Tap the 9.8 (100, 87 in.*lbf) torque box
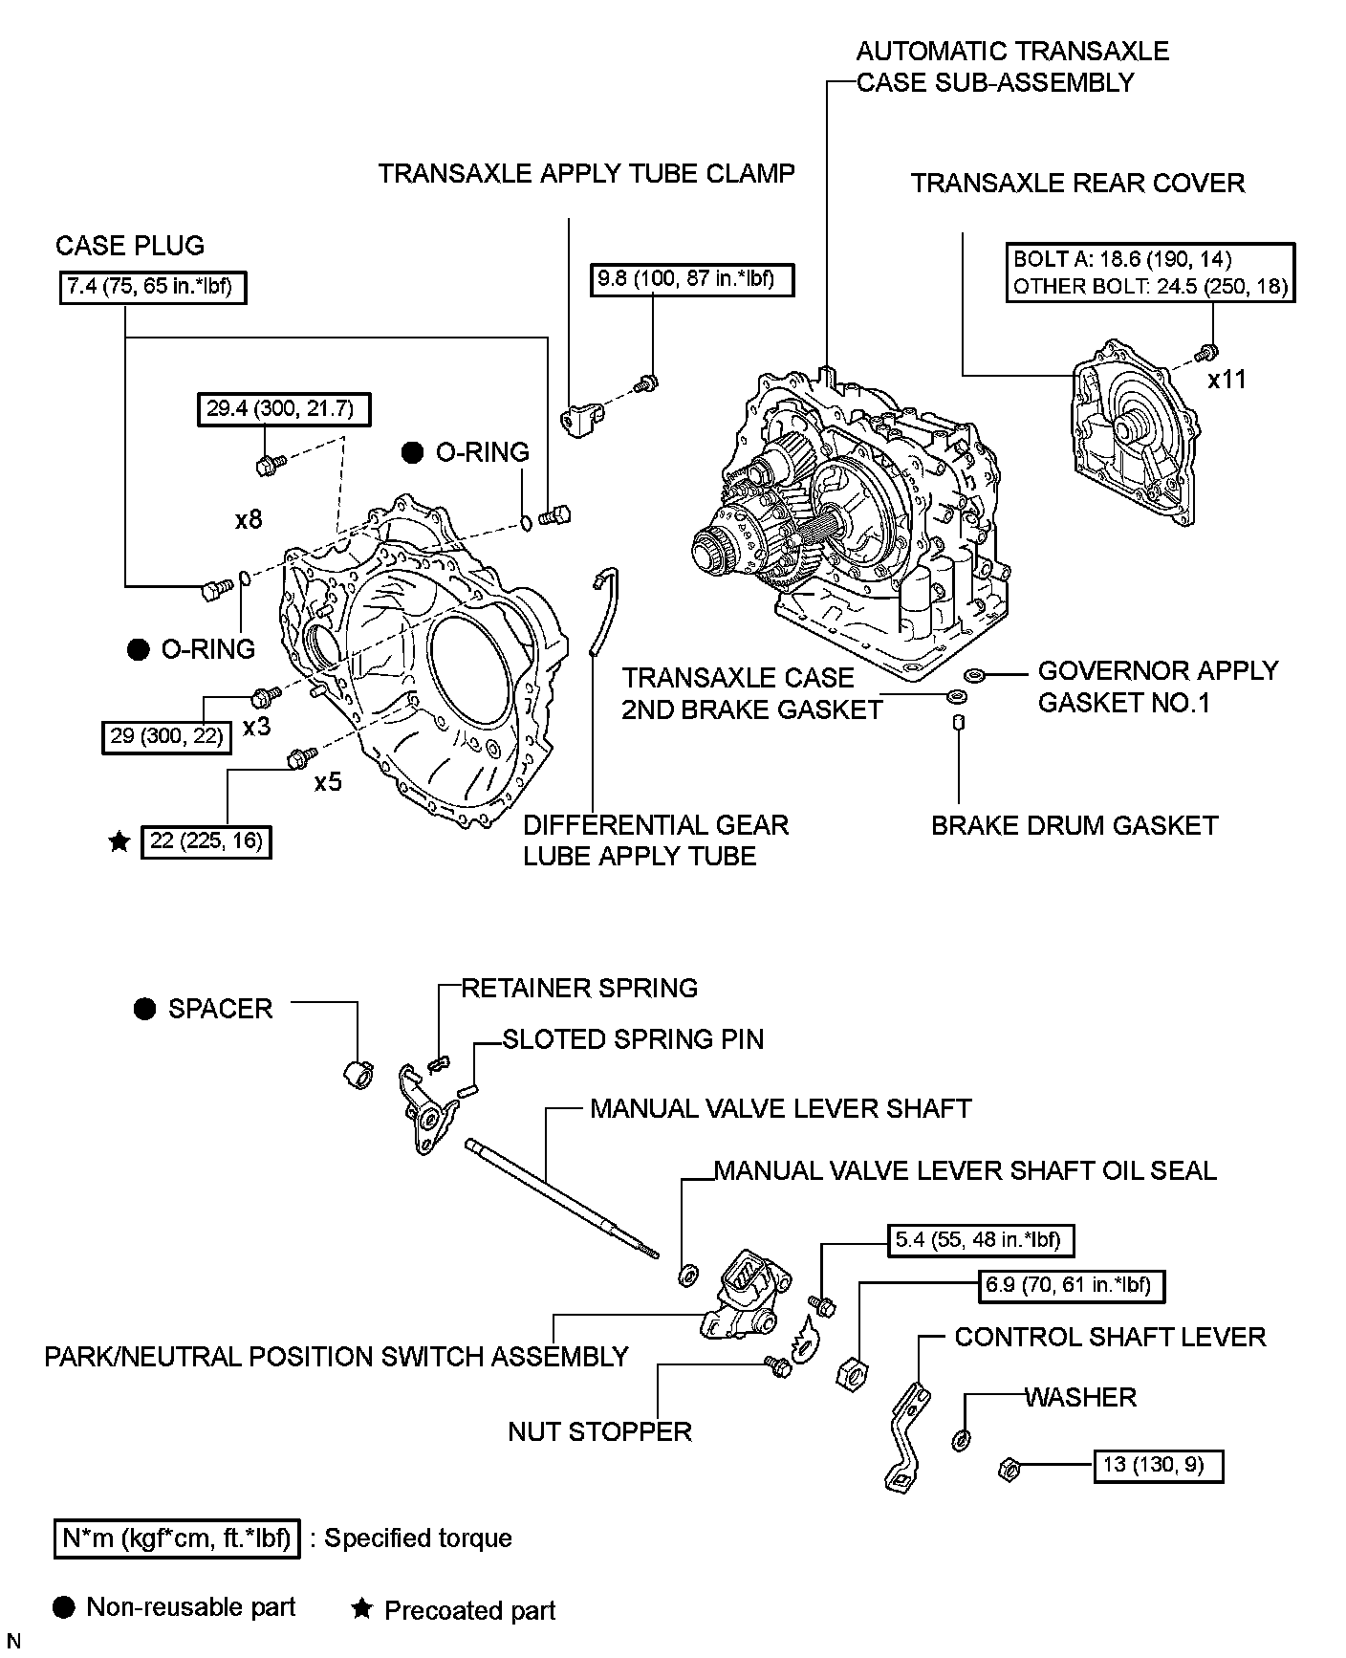pos(692,279)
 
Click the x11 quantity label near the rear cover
pos(1227,380)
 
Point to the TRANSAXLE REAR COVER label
pos(1077,184)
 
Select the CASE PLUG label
pos(130,246)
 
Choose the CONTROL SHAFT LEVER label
pos(1110,1337)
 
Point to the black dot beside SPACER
pos(144,1010)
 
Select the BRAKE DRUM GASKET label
pos(1075,825)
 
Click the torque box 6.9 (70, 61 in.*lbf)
pos(1074,1285)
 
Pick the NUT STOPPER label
pos(599,1431)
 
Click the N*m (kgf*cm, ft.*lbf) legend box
pos(177,1538)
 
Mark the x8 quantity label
pos(249,519)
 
